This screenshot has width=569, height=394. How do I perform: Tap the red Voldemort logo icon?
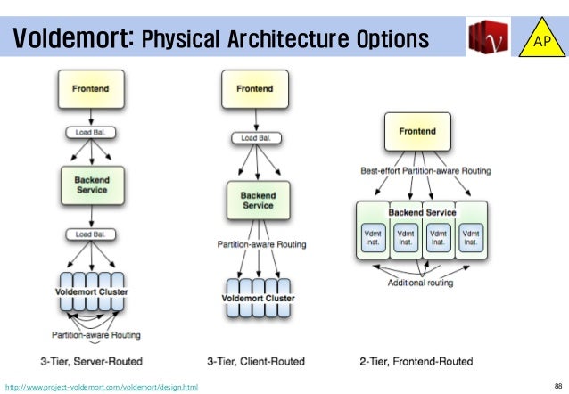(488, 39)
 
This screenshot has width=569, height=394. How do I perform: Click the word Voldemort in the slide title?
(73, 39)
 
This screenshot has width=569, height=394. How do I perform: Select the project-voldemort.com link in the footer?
(102, 385)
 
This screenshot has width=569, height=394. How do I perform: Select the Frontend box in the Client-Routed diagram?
(254, 90)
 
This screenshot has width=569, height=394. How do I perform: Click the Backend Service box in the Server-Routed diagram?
(91, 185)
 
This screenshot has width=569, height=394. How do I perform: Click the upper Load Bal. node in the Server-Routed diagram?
(91, 133)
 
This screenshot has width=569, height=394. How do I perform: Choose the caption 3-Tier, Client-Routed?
(256, 361)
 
